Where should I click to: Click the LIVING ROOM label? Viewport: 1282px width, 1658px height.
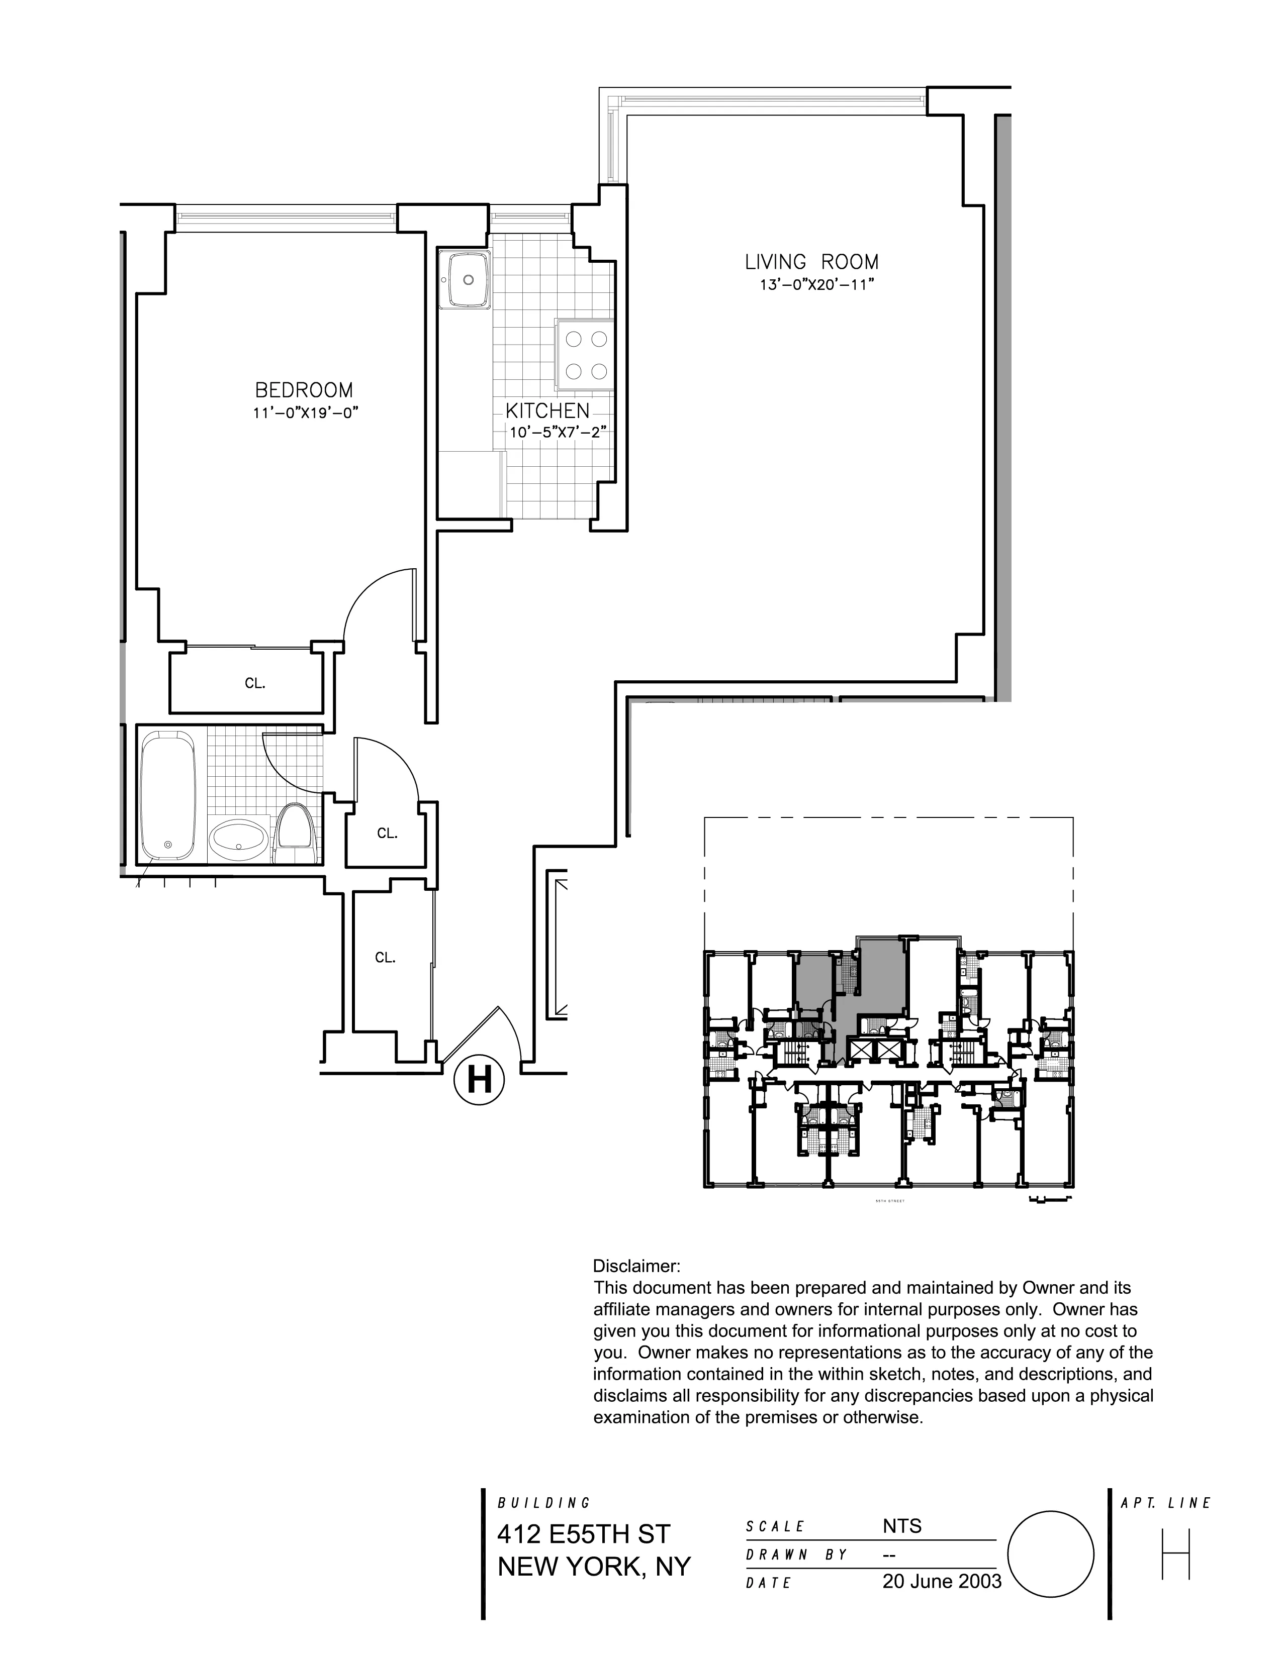pos(811,263)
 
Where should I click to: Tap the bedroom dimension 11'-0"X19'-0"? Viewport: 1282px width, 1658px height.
pos(305,413)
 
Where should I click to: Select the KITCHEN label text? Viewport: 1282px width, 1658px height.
pos(547,411)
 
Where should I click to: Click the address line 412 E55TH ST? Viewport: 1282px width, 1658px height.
pos(583,1534)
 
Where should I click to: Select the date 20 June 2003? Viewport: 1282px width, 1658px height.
pos(942,1581)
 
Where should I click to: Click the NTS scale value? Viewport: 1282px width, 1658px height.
pos(902,1526)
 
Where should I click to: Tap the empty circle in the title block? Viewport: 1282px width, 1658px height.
pos(1050,1554)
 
